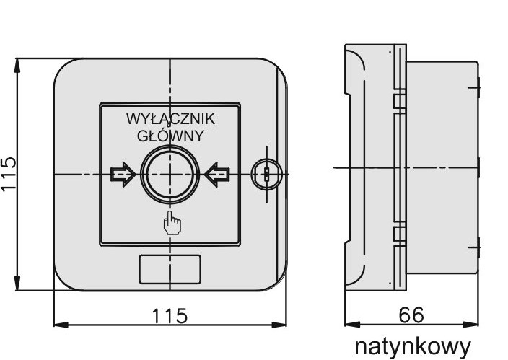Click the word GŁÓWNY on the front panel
[x=170, y=134]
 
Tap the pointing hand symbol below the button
[x=172, y=224]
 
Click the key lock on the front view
[x=264, y=174]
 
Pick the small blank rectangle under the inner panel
[x=169, y=270]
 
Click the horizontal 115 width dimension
[x=170, y=315]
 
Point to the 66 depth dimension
[x=411, y=315]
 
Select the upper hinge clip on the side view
[x=398, y=100]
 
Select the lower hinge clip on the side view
[x=398, y=234]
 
